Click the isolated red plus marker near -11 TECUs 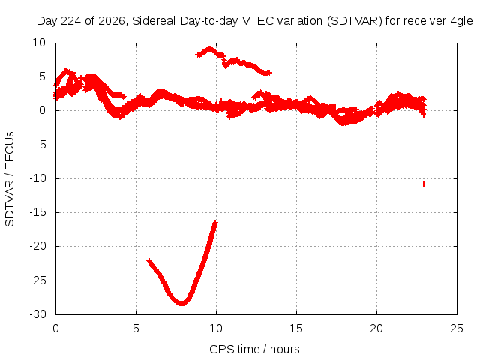click(x=424, y=184)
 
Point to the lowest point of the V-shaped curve click(x=181, y=304)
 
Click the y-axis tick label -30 click(x=38, y=314)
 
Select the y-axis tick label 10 click(x=39, y=43)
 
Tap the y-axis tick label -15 click(x=38, y=212)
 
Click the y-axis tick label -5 click(x=41, y=145)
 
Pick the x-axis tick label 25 click(x=457, y=328)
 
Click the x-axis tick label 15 click(x=296, y=328)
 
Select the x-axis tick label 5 click(x=136, y=328)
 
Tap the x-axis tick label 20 click(x=376, y=328)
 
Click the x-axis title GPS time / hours click(x=254, y=349)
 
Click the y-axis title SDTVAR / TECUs click(x=10, y=179)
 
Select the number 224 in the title click(x=72, y=21)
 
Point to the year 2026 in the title click(x=112, y=21)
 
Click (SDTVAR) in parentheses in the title click(x=355, y=21)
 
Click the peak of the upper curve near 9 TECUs click(x=210, y=48)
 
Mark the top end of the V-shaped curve click(x=216, y=222)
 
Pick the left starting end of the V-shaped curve click(x=149, y=260)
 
